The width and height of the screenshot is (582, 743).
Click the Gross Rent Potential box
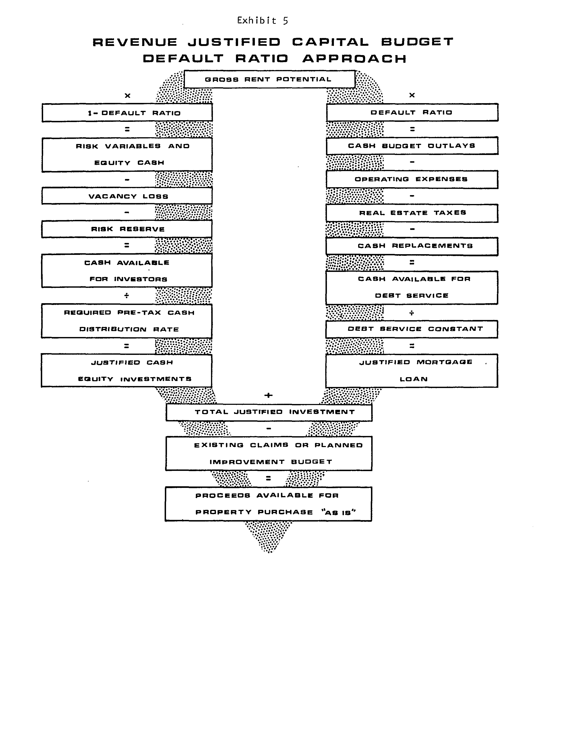click(x=269, y=79)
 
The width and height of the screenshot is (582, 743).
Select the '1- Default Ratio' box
click(x=127, y=113)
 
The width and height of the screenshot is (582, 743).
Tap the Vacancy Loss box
click(x=127, y=196)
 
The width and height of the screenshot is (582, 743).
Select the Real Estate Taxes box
click(x=412, y=213)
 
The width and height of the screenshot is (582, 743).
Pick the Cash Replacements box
click(x=412, y=246)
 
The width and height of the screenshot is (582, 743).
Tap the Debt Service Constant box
click(x=412, y=329)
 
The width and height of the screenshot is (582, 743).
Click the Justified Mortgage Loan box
click(x=412, y=371)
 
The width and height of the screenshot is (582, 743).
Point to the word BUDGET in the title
click(x=417, y=42)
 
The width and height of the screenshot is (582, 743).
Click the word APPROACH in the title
click(x=354, y=59)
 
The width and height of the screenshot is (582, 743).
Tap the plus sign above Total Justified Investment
click(x=268, y=395)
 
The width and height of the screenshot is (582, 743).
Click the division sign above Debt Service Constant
click(x=412, y=313)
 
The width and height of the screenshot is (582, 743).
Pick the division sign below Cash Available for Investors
click(x=126, y=296)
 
